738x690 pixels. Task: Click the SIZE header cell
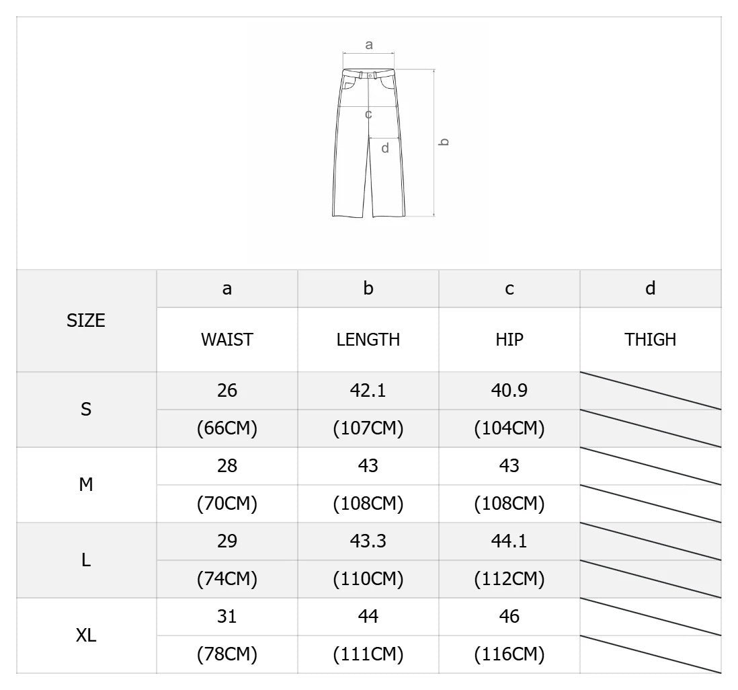(85, 321)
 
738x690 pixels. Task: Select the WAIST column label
(227, 340)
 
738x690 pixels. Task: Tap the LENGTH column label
(368, 340)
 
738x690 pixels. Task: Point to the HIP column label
(509, 340)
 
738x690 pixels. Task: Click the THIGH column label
(651, 340)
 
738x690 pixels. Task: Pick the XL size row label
(85, 636)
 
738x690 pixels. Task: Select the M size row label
(85, 485)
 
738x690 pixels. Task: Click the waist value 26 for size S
(227, 391)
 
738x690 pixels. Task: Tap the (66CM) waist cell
(227, 428)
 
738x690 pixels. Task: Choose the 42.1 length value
(368, 391)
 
